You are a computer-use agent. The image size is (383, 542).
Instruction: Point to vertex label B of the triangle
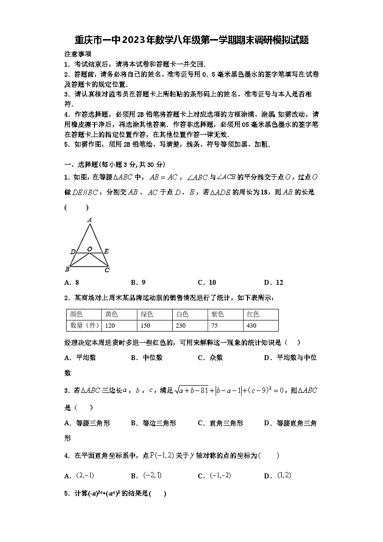click(x=67, y=269)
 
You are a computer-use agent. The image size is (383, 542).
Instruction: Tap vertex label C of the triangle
click(x=107, y=270)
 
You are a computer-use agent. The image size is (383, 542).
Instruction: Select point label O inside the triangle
click(x=90, y=249)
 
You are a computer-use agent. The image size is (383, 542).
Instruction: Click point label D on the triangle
click(x=72, y=251)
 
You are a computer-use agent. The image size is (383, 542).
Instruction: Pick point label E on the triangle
click(x=106, y=251)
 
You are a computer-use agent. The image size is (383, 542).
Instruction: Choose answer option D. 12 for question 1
click(x=274, y=283)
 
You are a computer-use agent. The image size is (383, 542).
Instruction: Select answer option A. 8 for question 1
click(x=71, y=283)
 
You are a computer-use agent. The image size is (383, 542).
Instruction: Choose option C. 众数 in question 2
click(x=210, y=358)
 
